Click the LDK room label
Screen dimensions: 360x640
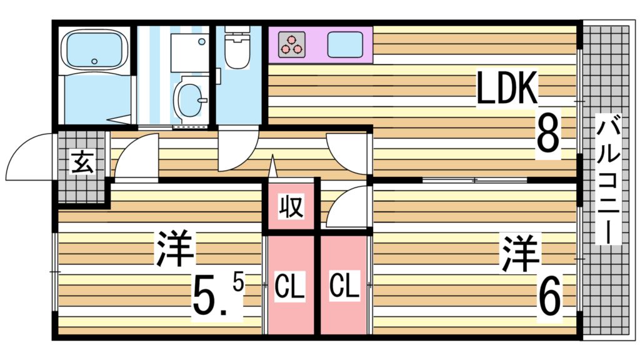[x=507, y=89]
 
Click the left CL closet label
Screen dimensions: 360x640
[x=290, y=287]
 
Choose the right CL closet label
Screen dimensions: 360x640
[x=344, y=287]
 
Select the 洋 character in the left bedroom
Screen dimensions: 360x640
[x=176, y=249]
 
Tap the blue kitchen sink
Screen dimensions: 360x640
[x=345, y=44]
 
